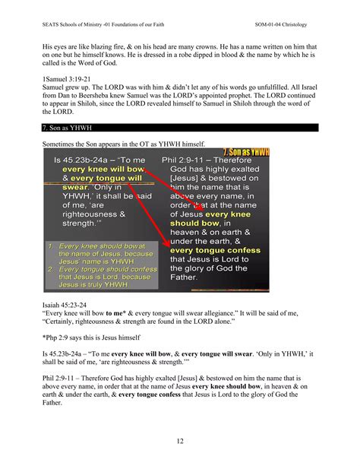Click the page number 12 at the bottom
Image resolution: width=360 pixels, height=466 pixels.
pos(179,441)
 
